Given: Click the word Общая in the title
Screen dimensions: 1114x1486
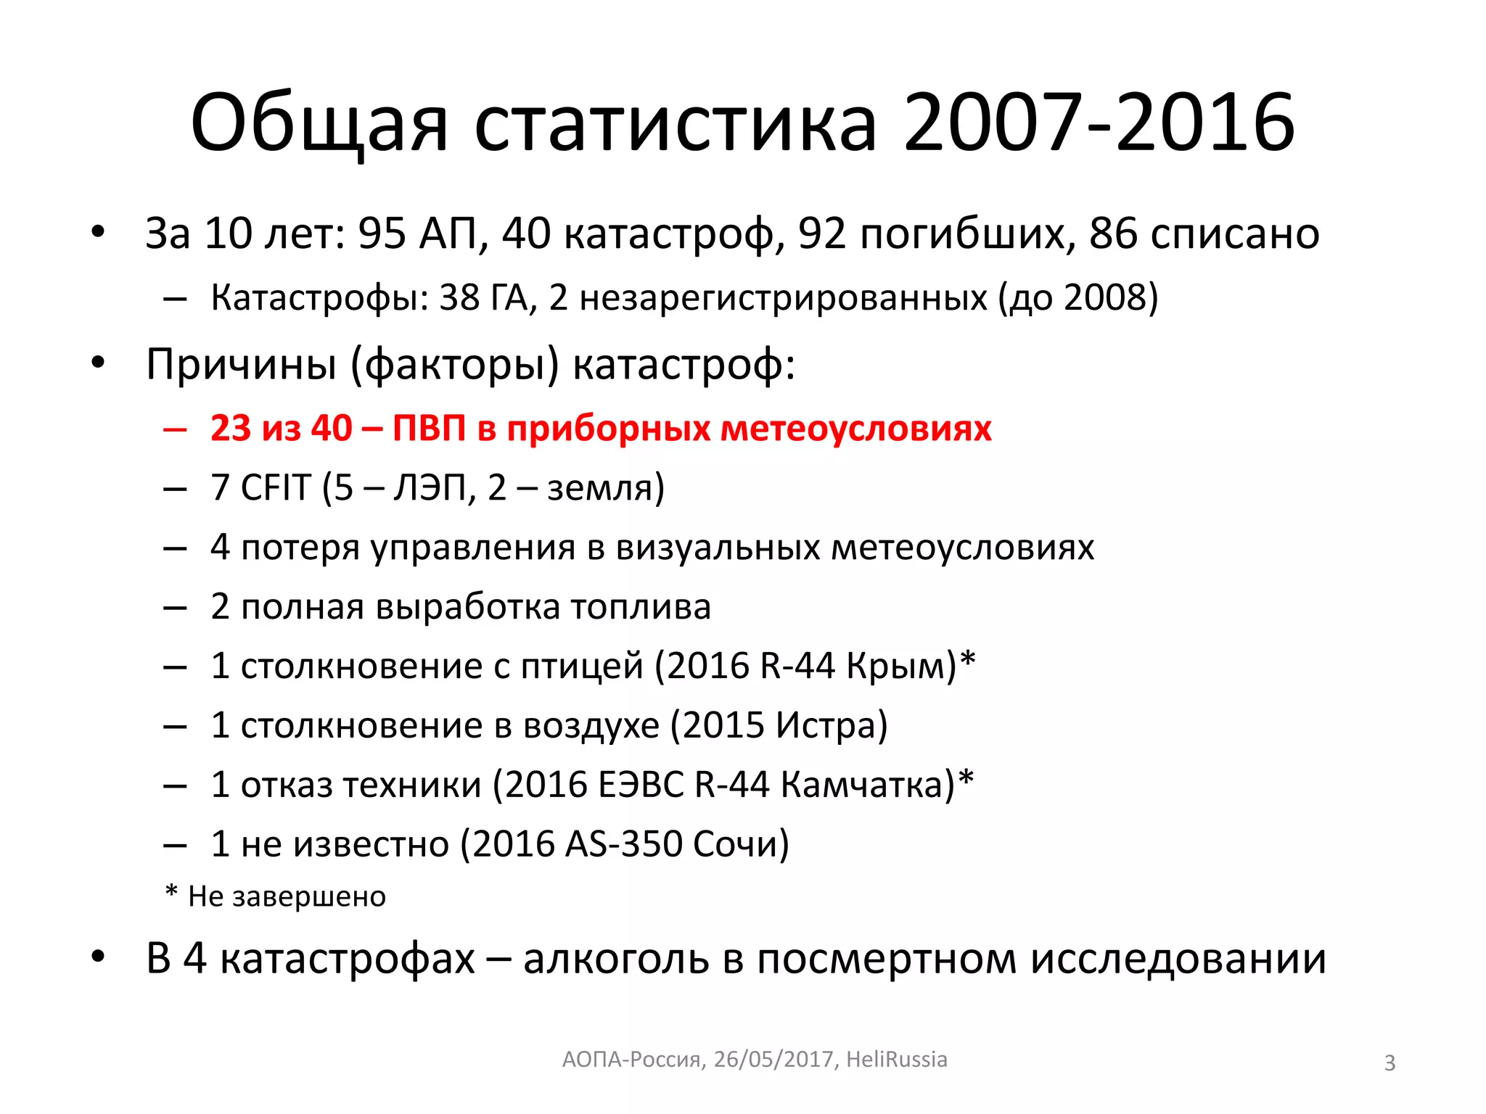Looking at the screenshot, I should (x=319, y=123).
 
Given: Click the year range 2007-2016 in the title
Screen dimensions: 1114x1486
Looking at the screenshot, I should (x=1099, y=123).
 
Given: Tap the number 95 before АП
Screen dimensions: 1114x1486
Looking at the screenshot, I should (x=382, y=234).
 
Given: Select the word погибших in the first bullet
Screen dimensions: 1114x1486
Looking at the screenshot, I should (x=937, y=234).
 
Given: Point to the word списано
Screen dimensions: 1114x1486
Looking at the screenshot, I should (x=1204, y=234).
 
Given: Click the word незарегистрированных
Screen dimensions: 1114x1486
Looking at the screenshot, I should (x=783, y=297).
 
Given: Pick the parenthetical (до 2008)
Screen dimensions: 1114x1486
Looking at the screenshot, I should (x=1078, y=297).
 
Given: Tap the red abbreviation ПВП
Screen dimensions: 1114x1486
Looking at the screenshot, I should (x=429, y=428).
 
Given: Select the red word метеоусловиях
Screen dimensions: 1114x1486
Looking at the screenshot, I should (x=855, y=428).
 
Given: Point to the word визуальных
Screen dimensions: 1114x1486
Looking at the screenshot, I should (x=718, y=547).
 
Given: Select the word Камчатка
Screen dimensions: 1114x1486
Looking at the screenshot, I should (x=868, y=785).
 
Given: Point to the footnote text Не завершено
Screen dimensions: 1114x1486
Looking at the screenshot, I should (x=287, y=896).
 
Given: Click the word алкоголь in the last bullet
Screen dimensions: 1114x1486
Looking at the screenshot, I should (x=616, y=959).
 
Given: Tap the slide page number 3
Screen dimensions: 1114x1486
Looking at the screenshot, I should (x=1389, y=1063).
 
